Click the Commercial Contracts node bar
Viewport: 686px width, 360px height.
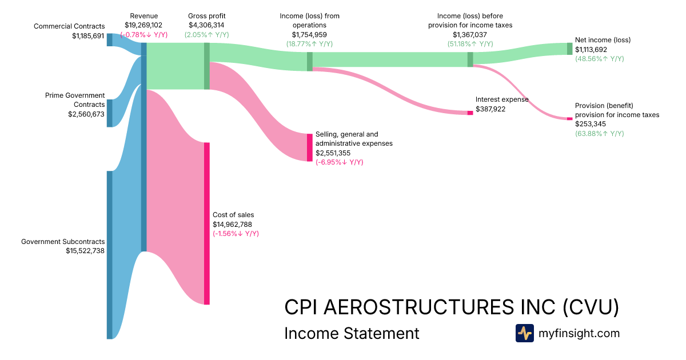tap(109, 39)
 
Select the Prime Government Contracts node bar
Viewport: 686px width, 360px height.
tap(109, 113)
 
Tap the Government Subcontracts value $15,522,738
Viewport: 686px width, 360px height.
tap(85, 250)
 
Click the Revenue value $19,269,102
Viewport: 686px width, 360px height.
tap(143, 25)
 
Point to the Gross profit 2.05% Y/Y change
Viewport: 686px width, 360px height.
tap(206, 35)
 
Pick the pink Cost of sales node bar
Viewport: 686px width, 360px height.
tap(207, 223)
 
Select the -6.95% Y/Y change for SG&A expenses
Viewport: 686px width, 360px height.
tap(339, 162)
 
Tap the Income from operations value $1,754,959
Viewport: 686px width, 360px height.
tap(309, 34)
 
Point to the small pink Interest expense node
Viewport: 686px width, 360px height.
tap(470, 113)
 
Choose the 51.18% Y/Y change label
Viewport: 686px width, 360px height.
tap(470, 44)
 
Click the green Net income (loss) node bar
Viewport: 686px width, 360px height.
tap(569, 49)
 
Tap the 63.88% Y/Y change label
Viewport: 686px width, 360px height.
tap(599, 133)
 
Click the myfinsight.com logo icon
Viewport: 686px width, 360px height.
tap(524, 333)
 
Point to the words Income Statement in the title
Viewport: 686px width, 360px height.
tap(352, 333)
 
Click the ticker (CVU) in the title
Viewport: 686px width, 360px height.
tap(590, 307)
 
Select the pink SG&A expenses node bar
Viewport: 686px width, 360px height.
tap(310, 147)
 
